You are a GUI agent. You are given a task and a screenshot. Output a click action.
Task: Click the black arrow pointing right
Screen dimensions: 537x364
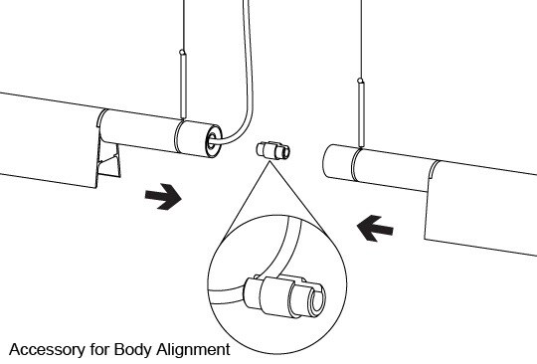(x=164, y=197)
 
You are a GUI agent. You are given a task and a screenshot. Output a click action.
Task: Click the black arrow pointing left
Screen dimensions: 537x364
(x=375, y=229)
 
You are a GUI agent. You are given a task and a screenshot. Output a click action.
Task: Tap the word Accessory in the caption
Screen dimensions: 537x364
(x=47, y=350)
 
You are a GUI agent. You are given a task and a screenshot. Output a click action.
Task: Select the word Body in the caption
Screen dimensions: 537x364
(x=133, y=350)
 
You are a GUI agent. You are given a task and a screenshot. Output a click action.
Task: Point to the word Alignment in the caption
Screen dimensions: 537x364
(x=194, y=350)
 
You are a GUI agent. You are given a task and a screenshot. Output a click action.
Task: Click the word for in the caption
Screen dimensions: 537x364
(x=99, y=350)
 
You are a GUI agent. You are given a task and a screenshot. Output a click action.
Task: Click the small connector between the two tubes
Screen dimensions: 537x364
(x=272, y=150)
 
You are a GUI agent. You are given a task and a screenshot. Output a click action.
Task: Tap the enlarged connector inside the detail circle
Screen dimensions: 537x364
(x=284, y=295)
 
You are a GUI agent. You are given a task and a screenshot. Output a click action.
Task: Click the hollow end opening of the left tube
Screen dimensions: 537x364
(x=212, y=141)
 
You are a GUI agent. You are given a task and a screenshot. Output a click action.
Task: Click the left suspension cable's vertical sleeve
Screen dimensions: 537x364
(x=183, y=86)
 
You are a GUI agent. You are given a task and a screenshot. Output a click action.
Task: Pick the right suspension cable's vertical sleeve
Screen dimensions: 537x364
(x=361, y=114)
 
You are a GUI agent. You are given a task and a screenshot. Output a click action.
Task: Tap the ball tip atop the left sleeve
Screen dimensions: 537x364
(x=183, y=53)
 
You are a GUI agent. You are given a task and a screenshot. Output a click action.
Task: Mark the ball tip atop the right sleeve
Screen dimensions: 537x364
(x=360, y=81)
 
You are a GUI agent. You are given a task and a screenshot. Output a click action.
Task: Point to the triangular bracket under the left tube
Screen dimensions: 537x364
(x=109, y=160)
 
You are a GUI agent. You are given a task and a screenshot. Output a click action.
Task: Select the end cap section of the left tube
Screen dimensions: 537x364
(x=198, y=137)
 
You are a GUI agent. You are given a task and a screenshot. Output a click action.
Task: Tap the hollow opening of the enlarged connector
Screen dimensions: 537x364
(x=318, y=298)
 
